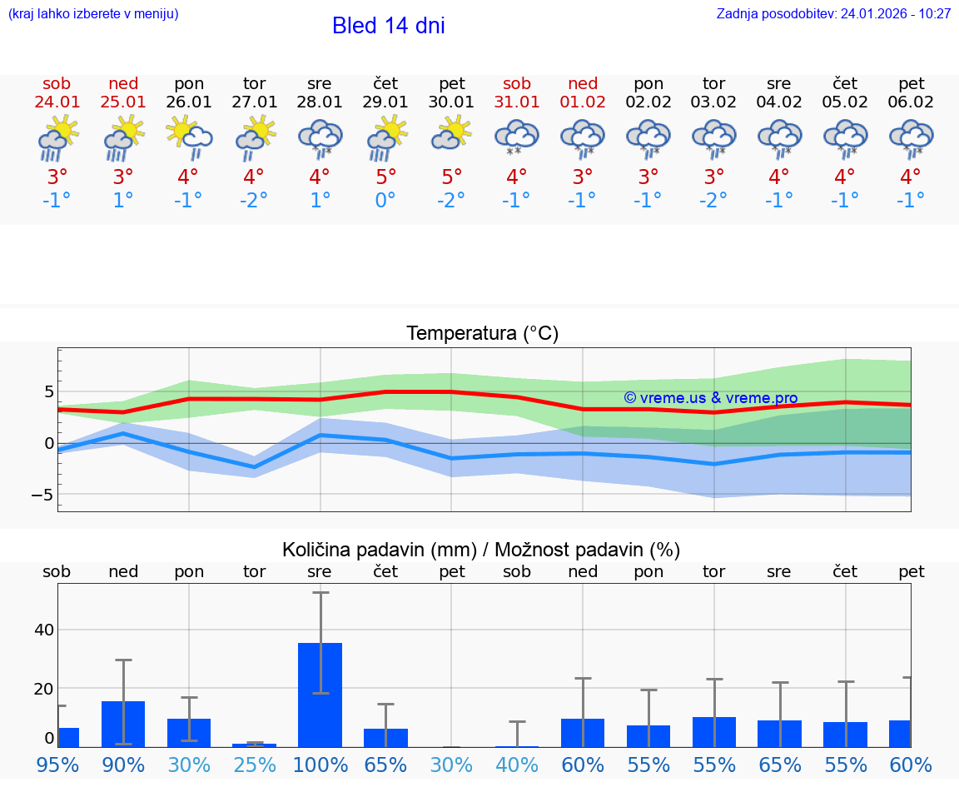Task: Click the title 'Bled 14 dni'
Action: coord(388,26)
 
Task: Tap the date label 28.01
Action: coord(319,102)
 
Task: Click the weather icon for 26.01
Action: coord(188,137)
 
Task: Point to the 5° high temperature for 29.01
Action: coord(385,177)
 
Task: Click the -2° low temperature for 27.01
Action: coord(254,200)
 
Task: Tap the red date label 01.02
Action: coord(583,102)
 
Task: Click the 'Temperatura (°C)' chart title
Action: coord(482,334)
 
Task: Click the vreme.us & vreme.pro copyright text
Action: coord(710,398)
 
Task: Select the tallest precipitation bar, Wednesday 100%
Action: coord(320,695)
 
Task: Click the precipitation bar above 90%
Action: coord(123,724)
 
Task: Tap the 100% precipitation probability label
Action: coord(320,765)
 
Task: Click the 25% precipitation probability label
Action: coord(255,765)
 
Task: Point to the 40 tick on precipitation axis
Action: coord(44,630)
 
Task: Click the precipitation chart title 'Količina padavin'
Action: coord(480,550)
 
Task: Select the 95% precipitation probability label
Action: coord(57,765)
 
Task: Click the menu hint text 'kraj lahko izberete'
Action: coord(93,14)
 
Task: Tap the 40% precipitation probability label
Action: coord(517,765)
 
